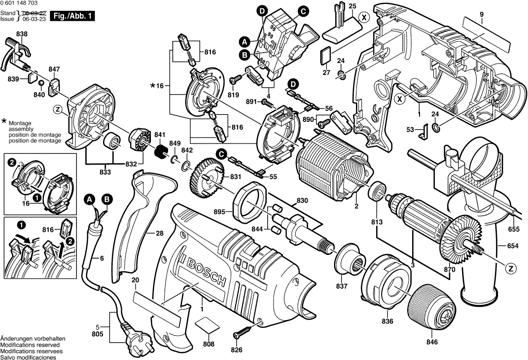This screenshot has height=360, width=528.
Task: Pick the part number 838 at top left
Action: tap(22, 34)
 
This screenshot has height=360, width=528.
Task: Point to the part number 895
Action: tap(220, 212)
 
